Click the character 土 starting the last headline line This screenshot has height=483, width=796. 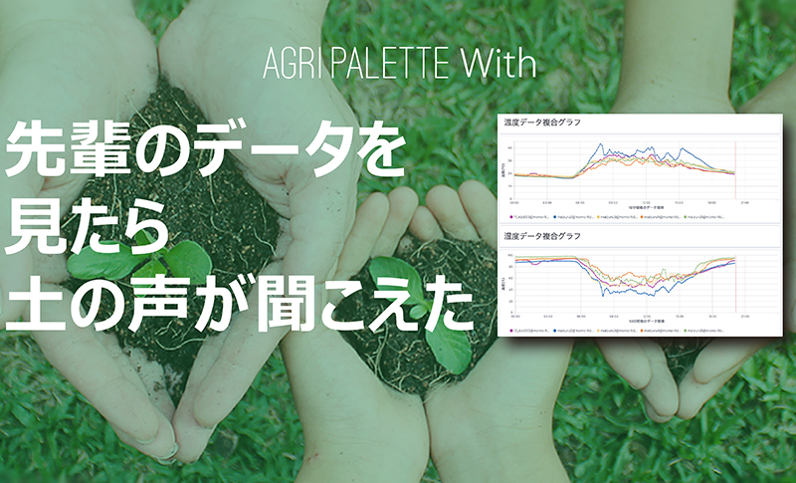pos(36,304)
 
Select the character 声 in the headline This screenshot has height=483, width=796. pos(180,304)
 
